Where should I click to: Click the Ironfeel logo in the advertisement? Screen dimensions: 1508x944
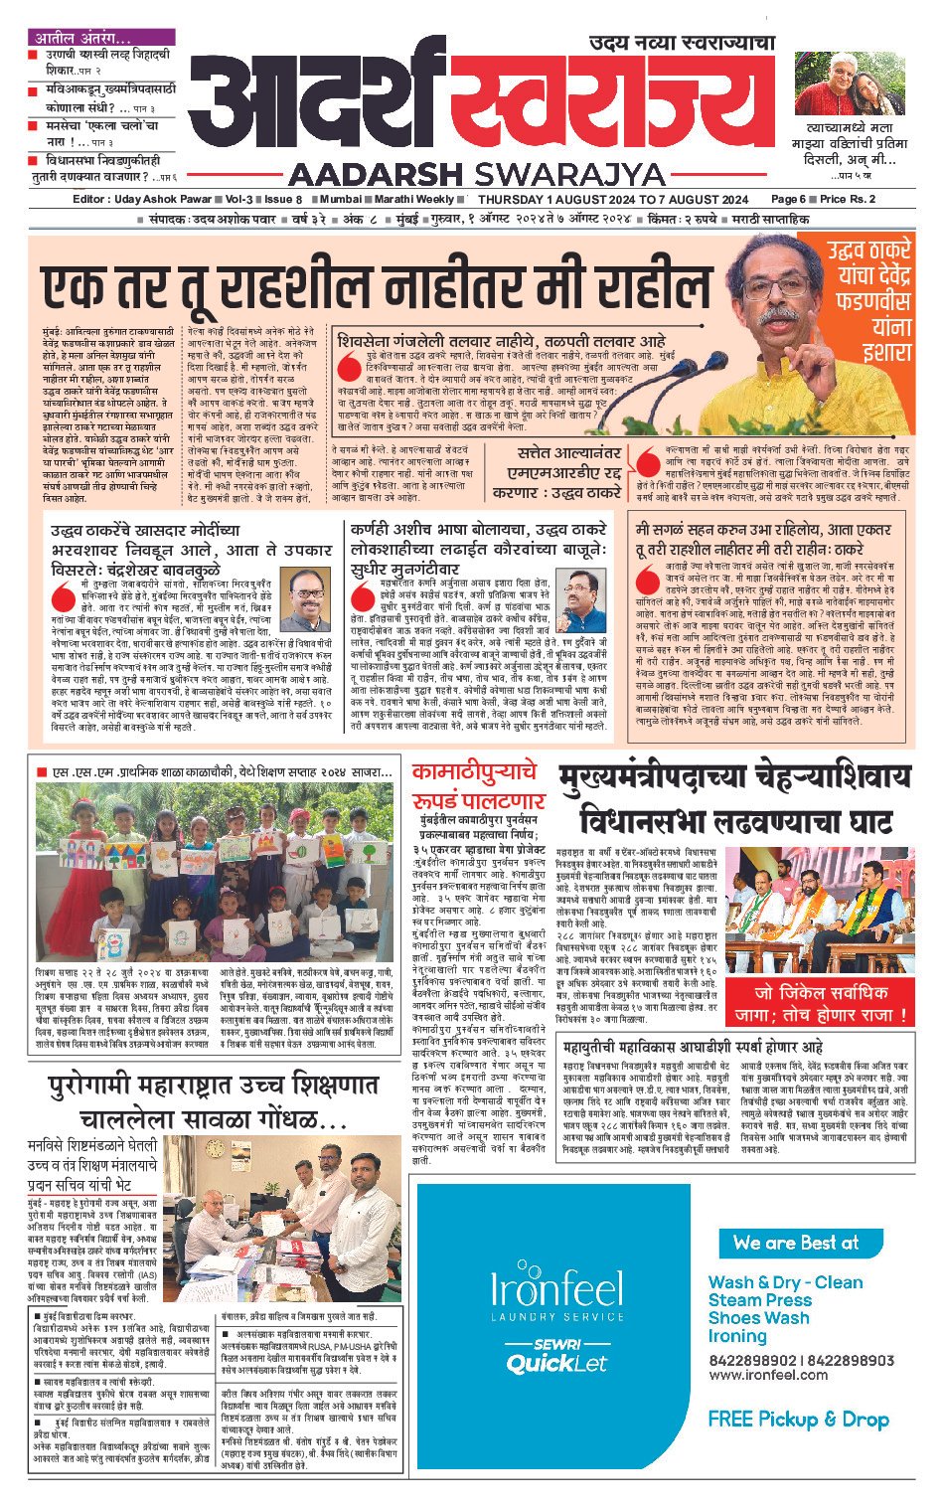(555, 1291)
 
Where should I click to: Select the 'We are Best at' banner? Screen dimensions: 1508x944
(801, 1243)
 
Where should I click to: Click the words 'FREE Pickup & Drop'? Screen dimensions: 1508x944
(798, 1419)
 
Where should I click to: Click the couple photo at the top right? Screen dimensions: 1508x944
(850, 84)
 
